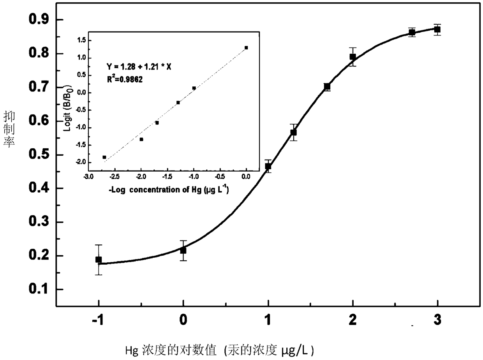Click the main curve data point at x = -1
[x=99, y=260]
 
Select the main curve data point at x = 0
[x=183, y=250]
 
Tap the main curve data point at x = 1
[x=268, y=166]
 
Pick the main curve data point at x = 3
[x=437, y=29]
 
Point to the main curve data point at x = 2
[x=353, y=57]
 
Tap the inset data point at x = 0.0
[x=246, y=47]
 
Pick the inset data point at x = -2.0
[x=141, y=139]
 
